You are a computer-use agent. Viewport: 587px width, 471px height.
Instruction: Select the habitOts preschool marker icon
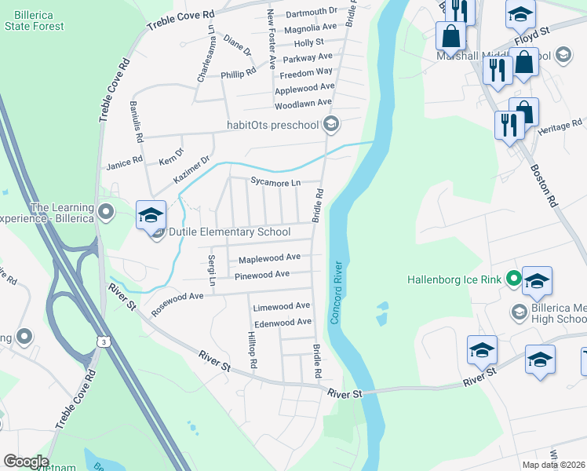coord(331,124)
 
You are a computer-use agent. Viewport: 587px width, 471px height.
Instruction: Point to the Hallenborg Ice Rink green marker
coord(513,279)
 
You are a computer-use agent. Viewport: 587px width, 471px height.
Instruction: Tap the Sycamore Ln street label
coord(275,183)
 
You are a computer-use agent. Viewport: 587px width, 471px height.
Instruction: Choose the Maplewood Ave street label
coord(269,257)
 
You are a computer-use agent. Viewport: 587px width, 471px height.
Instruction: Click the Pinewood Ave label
coord(262,275)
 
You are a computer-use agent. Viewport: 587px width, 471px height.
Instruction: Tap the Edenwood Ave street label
coord(283,323)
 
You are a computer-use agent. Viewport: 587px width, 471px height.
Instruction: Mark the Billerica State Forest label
coord(34,21)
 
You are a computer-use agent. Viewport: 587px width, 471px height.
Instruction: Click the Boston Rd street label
coord(543,184)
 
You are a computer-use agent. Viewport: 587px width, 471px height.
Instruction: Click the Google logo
coord(25,462)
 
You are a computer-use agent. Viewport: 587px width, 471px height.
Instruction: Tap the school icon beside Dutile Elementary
coord(151,217)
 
